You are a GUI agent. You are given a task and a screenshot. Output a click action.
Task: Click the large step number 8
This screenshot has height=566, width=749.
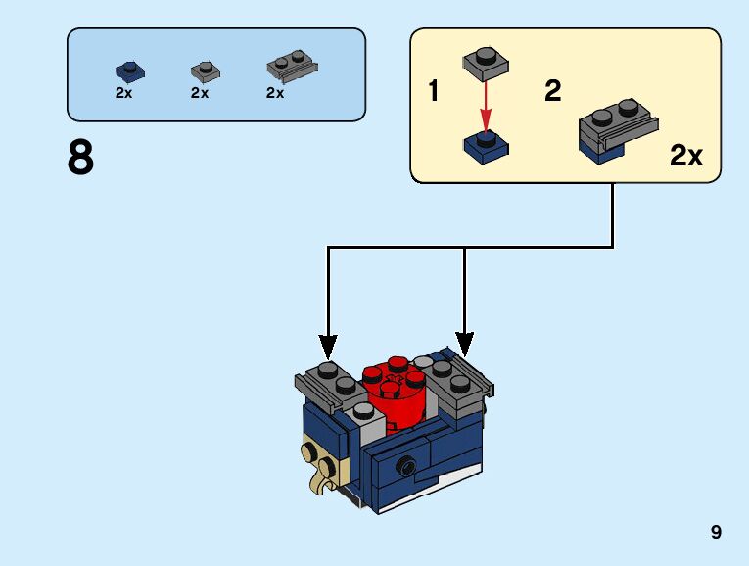pos(80,157)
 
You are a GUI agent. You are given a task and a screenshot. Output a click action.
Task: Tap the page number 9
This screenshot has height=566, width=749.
pos(716,532)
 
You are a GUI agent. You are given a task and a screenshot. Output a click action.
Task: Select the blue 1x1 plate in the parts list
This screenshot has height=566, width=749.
pos(130,71)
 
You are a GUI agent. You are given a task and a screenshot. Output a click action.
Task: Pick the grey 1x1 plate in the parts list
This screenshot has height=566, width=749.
pos(206,71)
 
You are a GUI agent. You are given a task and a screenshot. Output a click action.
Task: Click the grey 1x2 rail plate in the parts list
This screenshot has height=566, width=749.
pos(293,66)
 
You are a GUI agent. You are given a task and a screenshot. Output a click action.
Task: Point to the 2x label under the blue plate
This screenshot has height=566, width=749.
pos(123,93)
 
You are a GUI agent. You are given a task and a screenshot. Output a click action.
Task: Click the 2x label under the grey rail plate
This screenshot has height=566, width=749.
pos(275,93)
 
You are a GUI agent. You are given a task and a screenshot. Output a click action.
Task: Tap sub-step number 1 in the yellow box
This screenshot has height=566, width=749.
pos(433,90)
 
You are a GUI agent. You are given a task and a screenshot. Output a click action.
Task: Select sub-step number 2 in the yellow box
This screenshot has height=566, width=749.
pos(552,90)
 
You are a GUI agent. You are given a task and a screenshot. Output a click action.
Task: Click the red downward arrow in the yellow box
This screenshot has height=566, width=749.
pos(486,107)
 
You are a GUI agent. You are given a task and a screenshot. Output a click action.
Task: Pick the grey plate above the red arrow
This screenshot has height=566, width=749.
pos(486,64)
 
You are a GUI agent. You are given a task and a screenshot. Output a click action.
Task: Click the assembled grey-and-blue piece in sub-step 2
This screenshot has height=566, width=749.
pos(618,131)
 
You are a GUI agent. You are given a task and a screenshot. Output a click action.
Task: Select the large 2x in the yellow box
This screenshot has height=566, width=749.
pos(686,156)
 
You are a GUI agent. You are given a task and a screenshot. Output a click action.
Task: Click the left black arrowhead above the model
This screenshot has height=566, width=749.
pos(328,347)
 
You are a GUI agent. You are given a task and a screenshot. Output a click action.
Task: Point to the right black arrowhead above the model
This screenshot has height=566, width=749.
pos(464,345)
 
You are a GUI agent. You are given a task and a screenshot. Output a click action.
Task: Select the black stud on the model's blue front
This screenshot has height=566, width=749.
pos(406,464)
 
